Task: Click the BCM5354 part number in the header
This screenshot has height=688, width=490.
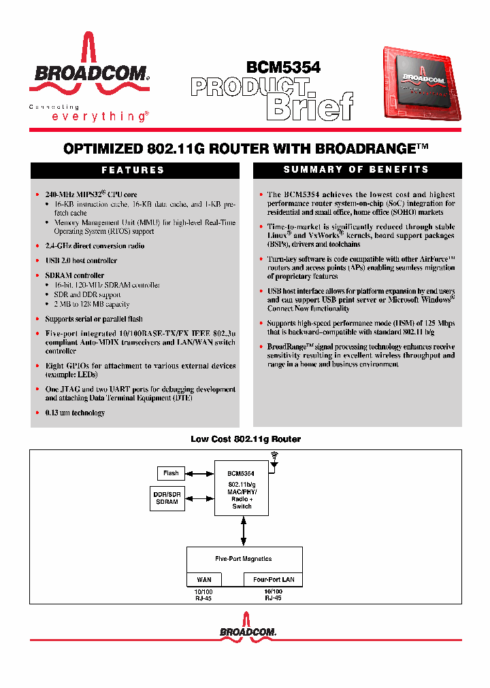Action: [x=283, y=67]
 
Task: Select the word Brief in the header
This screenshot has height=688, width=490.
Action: [x=312, y=107]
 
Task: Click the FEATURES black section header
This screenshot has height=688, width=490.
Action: [x=133, y=170]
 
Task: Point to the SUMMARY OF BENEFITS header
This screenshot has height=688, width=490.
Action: [x=357, y=169]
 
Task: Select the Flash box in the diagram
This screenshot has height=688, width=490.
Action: [x=171, y=473]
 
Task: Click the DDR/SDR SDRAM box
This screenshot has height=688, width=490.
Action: [x=167, y=498]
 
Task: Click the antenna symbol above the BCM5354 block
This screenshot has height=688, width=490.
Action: [x=274, y=458]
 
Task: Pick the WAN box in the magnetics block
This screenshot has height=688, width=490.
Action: [x=203, y=580]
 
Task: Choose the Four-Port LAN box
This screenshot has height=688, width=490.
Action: [x=274, y=580]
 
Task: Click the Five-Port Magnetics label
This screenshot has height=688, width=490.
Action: [x=244, y=559]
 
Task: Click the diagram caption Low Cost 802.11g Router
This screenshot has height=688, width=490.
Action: [x=245, y=439]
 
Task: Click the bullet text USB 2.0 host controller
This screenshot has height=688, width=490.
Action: [x=81, y=261]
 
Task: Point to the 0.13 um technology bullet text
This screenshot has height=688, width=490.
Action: [x=75, y=413]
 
